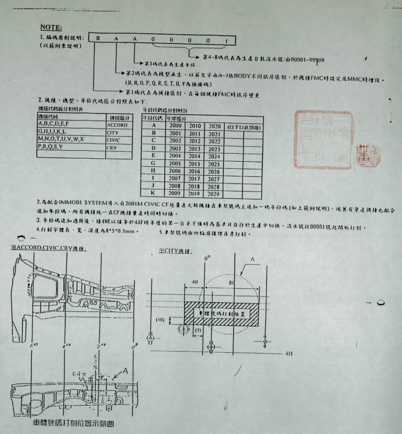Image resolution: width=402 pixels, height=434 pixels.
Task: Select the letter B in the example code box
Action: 98,38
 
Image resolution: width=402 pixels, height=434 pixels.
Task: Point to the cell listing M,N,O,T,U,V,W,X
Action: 61,140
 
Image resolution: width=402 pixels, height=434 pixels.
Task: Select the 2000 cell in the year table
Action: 175,125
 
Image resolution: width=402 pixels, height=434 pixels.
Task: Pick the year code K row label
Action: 154,193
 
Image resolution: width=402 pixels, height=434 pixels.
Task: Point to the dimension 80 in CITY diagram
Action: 232,283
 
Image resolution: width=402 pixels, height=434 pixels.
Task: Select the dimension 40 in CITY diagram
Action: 194,283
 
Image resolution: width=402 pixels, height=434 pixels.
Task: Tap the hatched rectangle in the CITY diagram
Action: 222,312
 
